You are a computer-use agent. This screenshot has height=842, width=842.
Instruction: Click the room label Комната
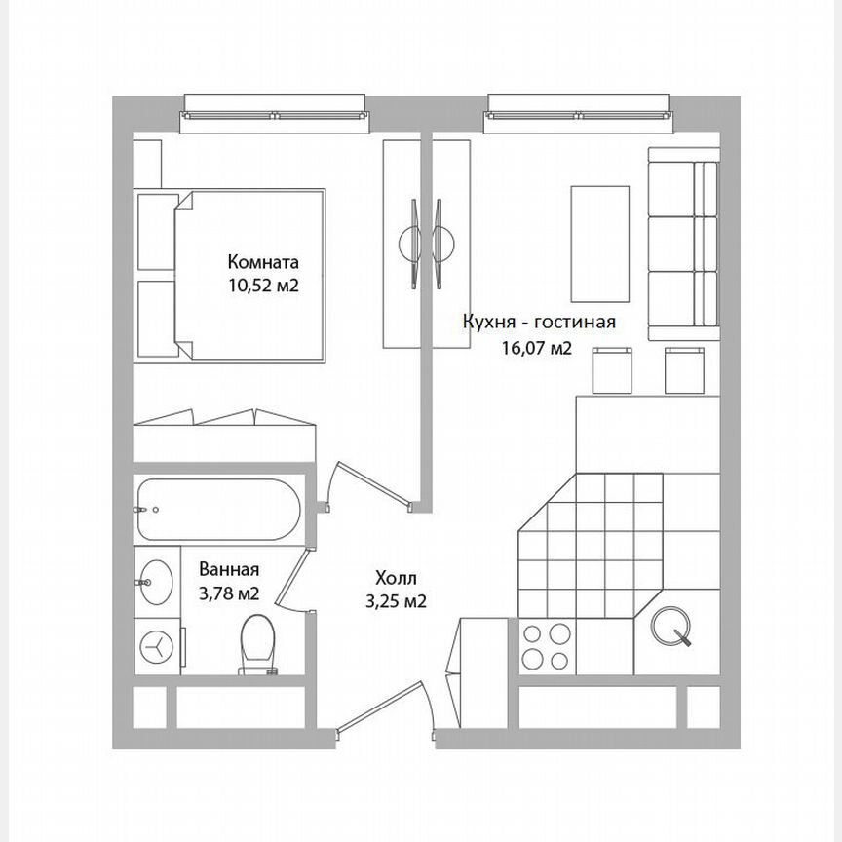click(263, 262)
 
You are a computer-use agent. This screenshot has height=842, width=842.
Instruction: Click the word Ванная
click(229, 569)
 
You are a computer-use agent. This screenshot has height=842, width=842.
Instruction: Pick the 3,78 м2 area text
click(229, 593)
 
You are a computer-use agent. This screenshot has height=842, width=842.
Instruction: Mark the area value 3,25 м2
click(396, 601)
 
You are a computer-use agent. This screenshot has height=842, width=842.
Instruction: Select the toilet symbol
click(258, 643)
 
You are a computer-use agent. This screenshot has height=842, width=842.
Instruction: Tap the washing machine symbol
click(157, 644)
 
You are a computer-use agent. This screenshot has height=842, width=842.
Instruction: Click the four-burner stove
click(546, 646)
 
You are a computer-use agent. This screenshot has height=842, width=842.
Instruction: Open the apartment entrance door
click(382, 708)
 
